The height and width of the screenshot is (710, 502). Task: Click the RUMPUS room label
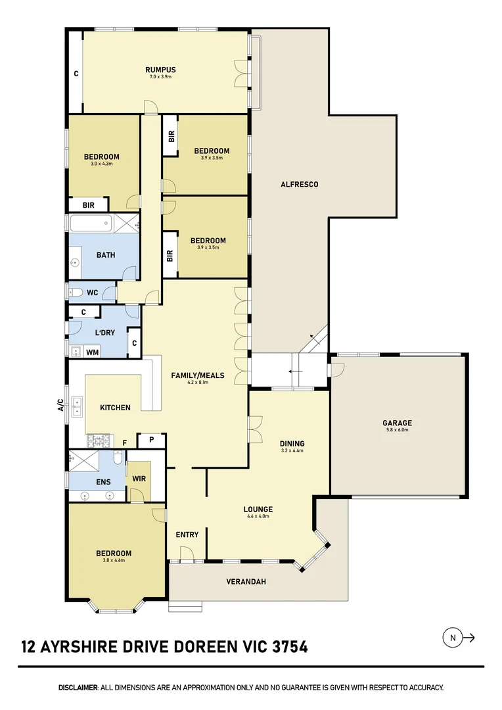tap(160, 70)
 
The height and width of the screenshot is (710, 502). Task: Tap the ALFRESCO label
tap(299, 185)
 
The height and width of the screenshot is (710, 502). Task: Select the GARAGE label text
tap(398, 423)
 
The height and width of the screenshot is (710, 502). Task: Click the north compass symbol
tap(452, 637)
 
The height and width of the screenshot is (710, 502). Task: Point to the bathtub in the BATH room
tap(91, 224)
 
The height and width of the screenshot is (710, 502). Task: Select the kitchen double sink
tap(78, 407)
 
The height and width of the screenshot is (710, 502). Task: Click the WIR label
tap(139, 479)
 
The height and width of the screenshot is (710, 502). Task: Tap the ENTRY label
tap(187, 534)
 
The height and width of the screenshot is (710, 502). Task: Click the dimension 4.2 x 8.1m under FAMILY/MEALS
tap(197, 383)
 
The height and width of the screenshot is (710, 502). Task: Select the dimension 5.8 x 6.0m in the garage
tap(398, 430)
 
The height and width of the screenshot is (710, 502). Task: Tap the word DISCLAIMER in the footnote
tap(78, 688)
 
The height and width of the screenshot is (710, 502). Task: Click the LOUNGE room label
tap(258, 509)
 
